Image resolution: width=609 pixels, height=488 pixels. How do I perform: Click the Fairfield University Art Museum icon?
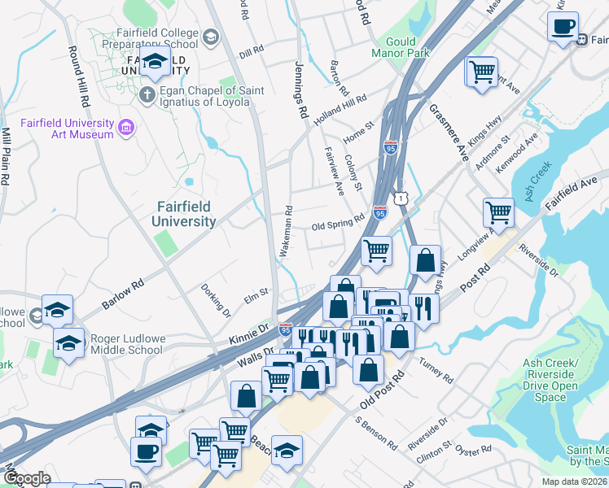coord(125,128)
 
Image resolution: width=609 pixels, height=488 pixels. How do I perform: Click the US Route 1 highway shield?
coord(400,198)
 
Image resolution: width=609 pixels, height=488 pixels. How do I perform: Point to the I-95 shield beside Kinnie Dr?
coord(285,329)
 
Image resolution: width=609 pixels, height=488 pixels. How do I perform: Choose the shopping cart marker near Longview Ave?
coord(498,214)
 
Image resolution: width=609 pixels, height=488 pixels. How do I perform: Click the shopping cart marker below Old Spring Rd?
coord(376,251)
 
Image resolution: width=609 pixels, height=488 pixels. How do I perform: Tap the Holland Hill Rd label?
coord(340,109)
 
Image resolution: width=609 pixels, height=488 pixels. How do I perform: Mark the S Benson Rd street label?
coord(375,434)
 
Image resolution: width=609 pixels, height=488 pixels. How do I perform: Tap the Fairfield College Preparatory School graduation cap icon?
coord(211,37)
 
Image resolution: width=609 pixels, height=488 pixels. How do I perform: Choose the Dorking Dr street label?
coord(217,299)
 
